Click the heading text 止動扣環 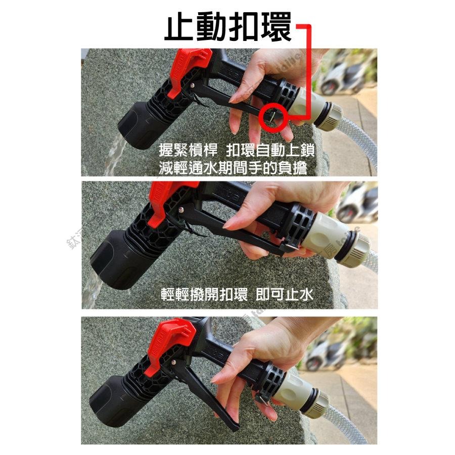(228, 28)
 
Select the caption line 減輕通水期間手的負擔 (233, 168)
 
